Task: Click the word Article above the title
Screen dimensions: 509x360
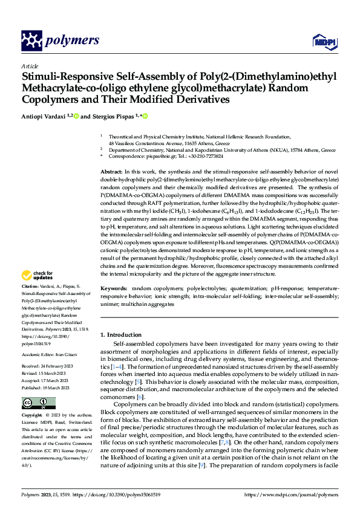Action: coord(30,66)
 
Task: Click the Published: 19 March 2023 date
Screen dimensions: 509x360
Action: coord(48,386)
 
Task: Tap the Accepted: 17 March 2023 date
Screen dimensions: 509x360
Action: coord(48,379)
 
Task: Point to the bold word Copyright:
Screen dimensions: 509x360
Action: coord(32,416)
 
